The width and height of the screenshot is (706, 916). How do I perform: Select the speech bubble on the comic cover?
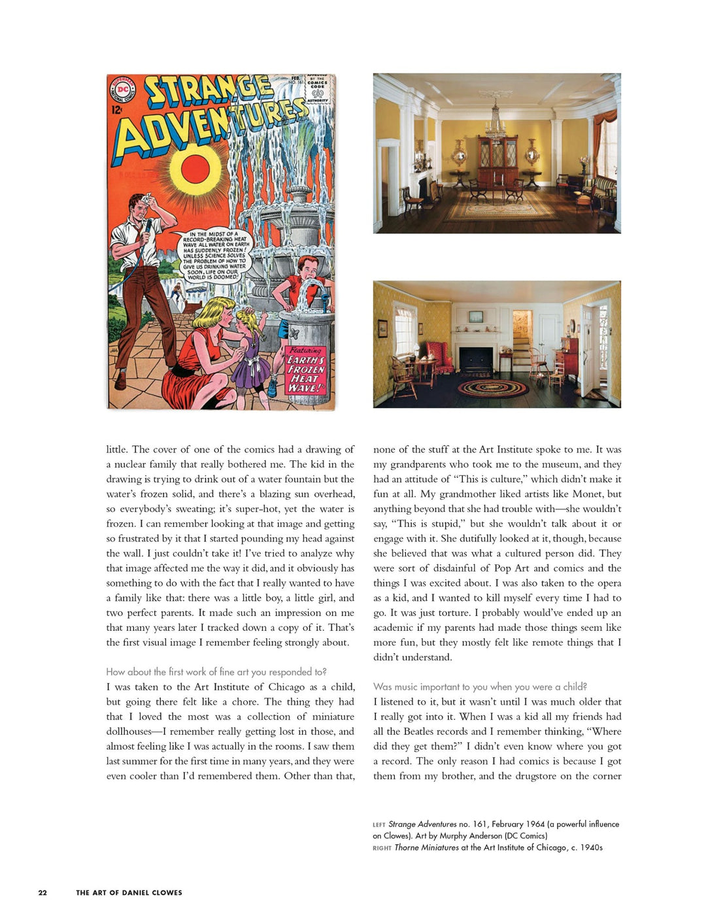pos(213,256)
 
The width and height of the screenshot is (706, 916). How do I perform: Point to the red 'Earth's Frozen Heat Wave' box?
pos(306,369)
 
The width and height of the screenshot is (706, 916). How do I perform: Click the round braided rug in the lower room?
pos(492,388)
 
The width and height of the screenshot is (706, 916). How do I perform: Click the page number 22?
pos(42,892)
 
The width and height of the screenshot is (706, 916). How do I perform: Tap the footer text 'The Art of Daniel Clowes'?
pos(129,892)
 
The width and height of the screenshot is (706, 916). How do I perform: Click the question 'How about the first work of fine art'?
pos(216,671)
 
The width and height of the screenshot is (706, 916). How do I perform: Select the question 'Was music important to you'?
pos(480,687)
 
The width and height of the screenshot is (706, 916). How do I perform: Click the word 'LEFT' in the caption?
pos(379,825)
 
